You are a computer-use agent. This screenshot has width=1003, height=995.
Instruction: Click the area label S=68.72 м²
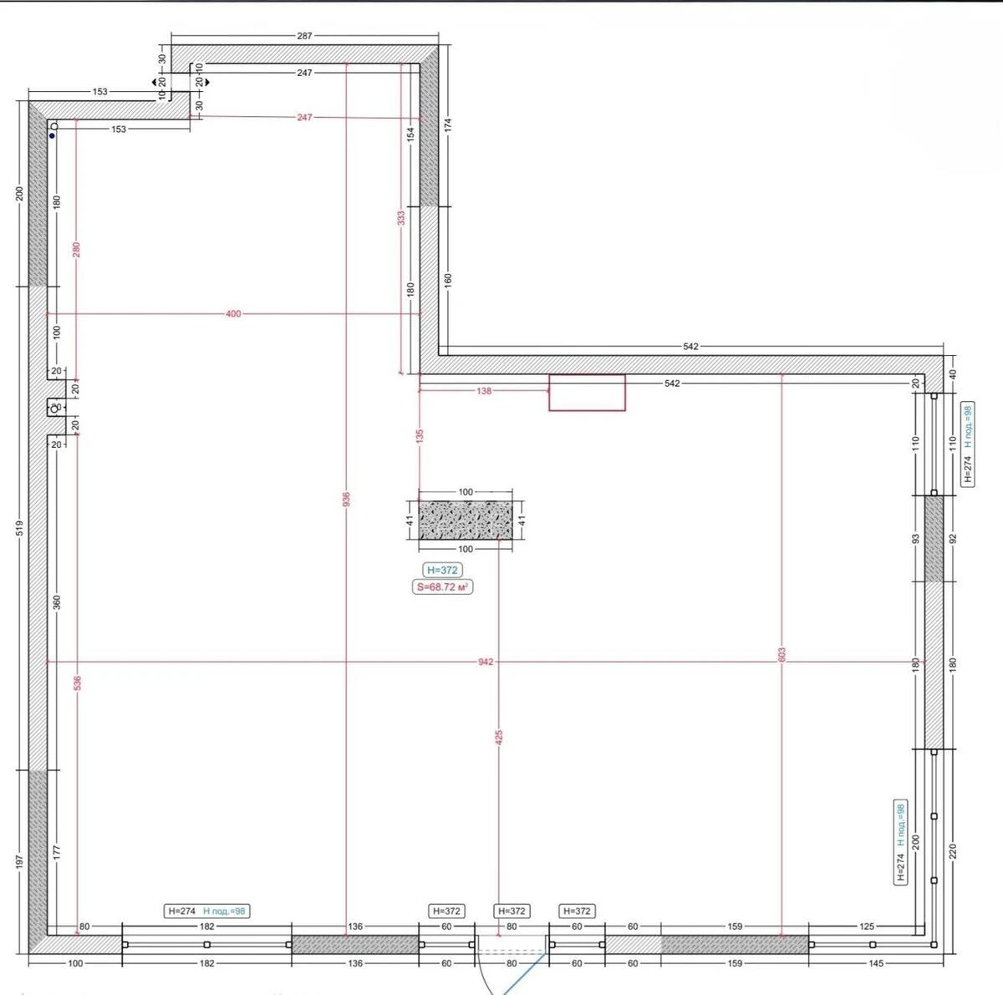pos(443,587)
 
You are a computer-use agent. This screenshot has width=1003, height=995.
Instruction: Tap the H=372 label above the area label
pos(443,570)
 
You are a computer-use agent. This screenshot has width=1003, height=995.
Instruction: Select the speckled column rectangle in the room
pos(466,520)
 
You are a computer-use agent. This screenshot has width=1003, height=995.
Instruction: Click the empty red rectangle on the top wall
pos(587,393)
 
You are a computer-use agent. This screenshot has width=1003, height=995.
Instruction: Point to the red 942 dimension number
pos(486,662)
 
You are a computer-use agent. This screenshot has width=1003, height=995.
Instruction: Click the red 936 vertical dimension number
pos(346,499)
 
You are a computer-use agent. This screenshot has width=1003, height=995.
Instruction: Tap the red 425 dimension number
pos(499,737)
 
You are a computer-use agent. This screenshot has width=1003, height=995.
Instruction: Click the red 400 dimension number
pos(233,314)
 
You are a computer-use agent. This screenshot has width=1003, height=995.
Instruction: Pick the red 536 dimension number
pos(77,683)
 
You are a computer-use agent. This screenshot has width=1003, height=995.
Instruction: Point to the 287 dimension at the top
pos(304,36)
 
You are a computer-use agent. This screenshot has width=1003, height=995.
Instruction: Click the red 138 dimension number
pos(484,391)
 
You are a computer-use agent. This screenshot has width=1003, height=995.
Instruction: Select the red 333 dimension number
pos(401,217)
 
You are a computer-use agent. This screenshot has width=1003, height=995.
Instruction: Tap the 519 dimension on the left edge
pos(19,528)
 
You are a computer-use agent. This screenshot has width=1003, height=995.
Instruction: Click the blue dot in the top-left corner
pos(52,135)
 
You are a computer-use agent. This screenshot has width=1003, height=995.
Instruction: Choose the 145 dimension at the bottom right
pos(876,963)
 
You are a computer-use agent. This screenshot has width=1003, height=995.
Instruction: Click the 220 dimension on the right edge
pos(953,851)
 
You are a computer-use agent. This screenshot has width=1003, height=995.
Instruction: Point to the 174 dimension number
pos(448,125)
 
